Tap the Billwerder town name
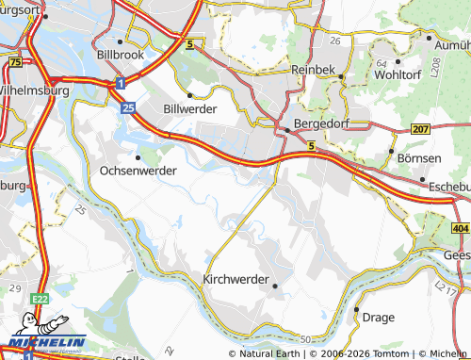click(x=190, y=109)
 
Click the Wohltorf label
click(x=396, y=74)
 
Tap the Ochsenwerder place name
click(x=138, y=172)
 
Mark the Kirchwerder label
click(x=235, y=280)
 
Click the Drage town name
click(x=377, y=318)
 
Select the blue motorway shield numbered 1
click(x=122, y=84)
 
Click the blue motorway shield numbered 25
click(x=127, y=109)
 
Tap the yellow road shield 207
click(x=420, y=127)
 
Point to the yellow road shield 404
click(x=460, y=229)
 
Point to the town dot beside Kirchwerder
click(x=275, y=286)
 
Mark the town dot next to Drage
click(x=357, y=309)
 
